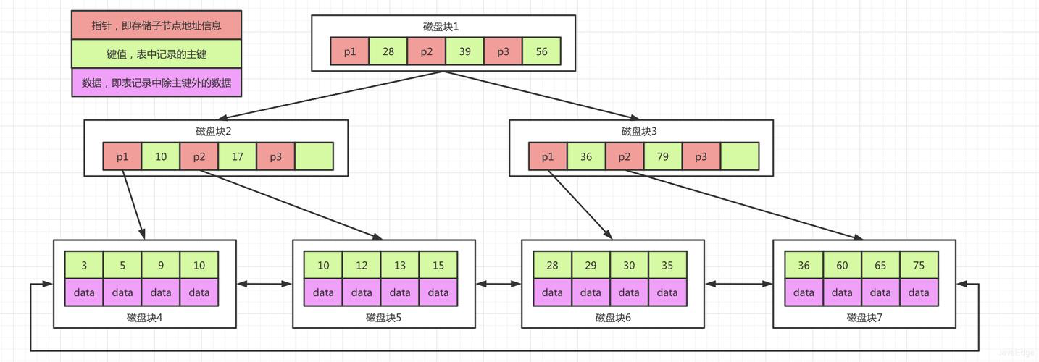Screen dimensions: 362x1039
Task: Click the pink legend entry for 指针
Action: (x=157, y=25)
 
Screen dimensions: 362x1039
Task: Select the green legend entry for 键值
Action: (x=157, y=54)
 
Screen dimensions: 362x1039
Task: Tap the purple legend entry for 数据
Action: (x=157, y=83)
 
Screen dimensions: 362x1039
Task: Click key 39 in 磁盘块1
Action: (x=464, y=51)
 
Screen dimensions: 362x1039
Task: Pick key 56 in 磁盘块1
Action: (x=541, y=51)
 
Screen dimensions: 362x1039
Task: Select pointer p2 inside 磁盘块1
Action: (x=426, y=51)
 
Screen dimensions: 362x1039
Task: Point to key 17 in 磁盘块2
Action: (x=237, y=156)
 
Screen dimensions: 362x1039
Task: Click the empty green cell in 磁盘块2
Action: (x=314, y=156)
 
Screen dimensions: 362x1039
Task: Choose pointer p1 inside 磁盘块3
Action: (x=548, y=156)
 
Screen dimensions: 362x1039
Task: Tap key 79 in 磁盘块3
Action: (x=663, y=156)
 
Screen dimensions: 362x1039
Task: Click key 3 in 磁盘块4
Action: (x=84, y=265)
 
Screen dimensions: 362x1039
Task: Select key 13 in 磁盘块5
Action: (x=400, y=265)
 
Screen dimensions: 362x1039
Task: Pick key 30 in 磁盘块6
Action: (x=629, y=265)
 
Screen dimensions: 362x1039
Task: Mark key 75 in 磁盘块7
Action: (x=919, y=265)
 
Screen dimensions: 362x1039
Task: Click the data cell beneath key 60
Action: (x=842, y=292)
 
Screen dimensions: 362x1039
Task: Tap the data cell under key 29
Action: (x=591, y=292)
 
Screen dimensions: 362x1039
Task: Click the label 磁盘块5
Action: (x=384, y=317)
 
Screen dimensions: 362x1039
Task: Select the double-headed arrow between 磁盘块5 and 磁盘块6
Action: (x=498, y=284)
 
